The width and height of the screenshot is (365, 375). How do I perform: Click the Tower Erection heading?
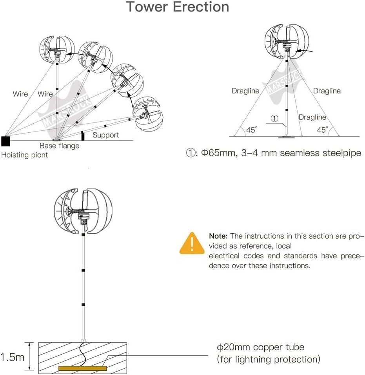177,7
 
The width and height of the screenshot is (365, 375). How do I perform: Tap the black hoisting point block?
6,140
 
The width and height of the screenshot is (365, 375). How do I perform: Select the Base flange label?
59,146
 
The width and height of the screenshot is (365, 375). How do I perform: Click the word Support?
105,135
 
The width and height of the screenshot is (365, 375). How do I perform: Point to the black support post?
83,136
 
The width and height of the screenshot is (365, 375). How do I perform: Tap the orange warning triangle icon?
192,243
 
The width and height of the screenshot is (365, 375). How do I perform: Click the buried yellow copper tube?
83,368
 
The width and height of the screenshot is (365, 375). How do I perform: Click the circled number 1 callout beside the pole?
274,117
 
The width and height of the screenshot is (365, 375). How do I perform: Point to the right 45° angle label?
323,130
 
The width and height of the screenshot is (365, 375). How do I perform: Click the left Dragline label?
245,91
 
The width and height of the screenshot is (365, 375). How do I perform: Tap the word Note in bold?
218,236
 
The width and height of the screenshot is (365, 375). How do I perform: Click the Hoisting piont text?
24,155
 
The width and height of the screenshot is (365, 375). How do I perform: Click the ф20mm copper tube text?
261,347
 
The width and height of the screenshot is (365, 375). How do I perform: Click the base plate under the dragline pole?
286,137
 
